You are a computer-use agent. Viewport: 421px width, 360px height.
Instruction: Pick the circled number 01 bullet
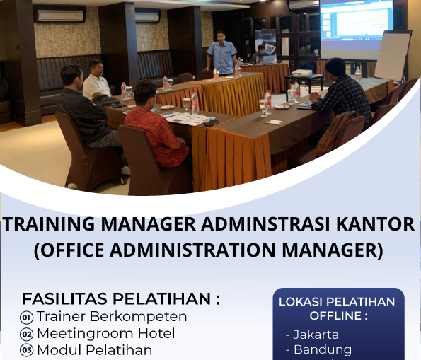27,317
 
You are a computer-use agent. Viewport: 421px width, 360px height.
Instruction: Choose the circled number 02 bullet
27,334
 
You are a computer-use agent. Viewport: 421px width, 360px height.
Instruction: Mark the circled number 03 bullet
27,350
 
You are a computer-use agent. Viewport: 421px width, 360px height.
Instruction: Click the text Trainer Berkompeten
112,316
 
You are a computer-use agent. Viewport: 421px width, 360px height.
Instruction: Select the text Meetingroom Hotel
105,333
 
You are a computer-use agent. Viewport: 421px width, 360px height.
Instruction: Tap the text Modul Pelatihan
94,350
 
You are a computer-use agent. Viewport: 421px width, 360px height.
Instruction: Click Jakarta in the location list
315,335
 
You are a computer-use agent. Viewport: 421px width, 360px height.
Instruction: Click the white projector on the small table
302,72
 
